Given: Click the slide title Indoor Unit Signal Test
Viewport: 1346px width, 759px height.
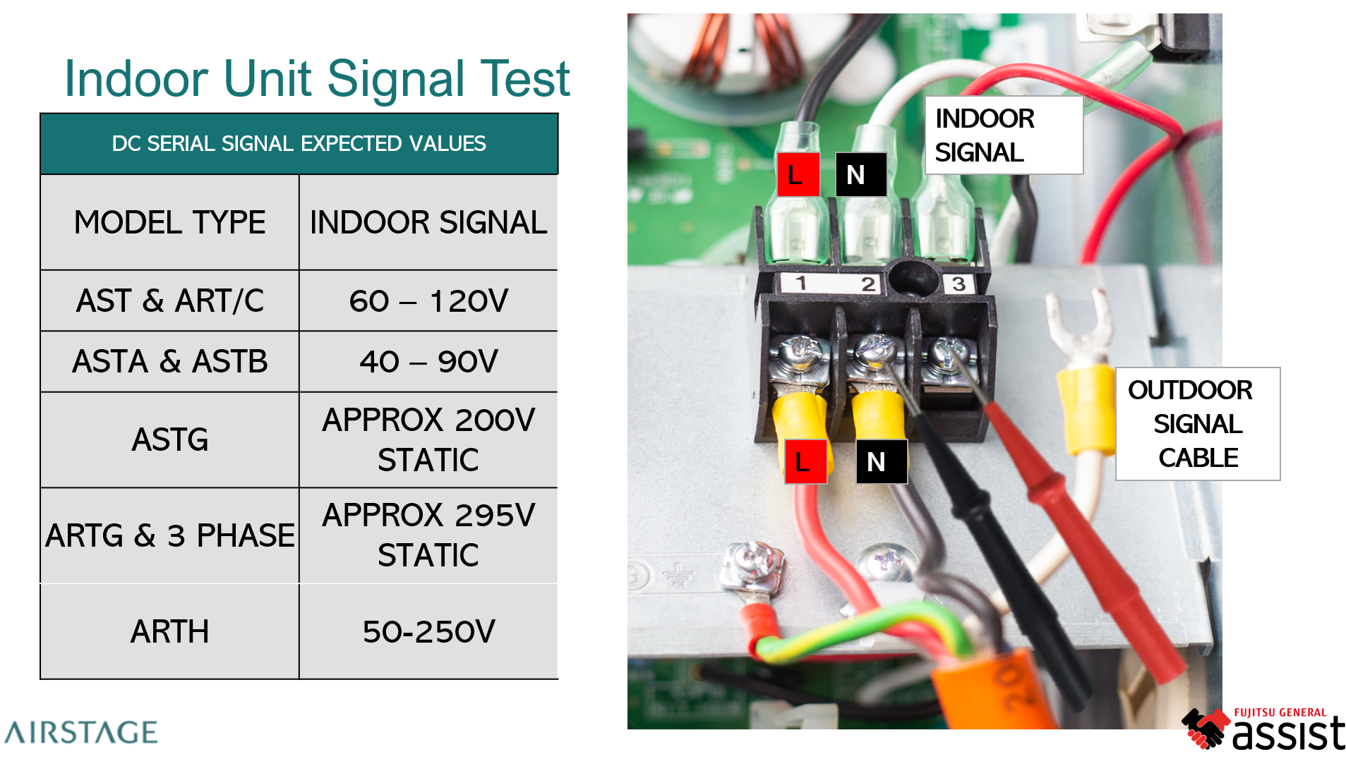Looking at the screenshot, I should click(316, 78).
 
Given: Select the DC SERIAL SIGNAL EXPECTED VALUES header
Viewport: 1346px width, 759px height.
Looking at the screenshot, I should click(299, 144).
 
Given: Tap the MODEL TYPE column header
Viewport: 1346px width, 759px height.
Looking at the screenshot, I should click(169, 223).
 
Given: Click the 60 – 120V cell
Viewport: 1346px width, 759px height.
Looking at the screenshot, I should click(428, 301).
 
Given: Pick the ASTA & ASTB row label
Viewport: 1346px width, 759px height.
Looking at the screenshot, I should click(169, 362).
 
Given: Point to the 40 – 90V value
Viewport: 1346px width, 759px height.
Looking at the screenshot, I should click(428, 362).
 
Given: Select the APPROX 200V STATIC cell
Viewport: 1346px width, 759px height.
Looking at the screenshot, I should click(428, 439).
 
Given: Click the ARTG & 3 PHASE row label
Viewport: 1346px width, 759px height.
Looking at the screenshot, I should click(169, 535).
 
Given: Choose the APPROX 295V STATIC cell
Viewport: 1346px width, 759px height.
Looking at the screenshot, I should click(428, 535).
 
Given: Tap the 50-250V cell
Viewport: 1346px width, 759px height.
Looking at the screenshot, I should click(428, 631).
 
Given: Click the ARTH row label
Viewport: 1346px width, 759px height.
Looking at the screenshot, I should click(169, 631).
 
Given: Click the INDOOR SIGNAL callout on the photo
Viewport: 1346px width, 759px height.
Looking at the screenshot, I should click(1003, 135).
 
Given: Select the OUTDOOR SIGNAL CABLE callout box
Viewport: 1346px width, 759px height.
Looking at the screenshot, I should click(1197, 424).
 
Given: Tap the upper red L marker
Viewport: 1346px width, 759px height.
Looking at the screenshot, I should click(798, 174).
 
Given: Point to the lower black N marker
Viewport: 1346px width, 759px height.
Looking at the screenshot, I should click(881, 462).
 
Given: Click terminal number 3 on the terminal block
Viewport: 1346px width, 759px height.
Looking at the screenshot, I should click(958, 284).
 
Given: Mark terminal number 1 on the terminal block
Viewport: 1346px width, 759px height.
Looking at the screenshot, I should click(801, 284).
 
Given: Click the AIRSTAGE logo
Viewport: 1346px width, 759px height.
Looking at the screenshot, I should click(80, 733).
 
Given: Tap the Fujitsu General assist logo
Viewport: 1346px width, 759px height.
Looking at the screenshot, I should click(1263, 729).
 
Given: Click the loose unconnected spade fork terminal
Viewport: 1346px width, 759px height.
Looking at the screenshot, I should click(1077, 324).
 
